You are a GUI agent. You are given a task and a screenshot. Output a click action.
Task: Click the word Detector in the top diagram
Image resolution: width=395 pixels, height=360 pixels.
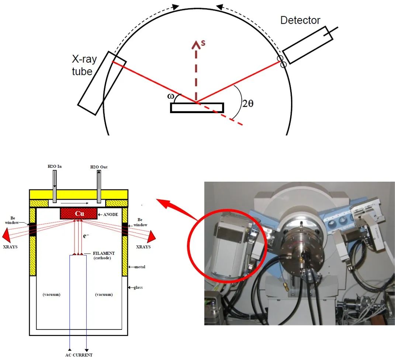tap(300, 20)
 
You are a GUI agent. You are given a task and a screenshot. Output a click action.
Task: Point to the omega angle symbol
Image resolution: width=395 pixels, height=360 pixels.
tap(170, 97)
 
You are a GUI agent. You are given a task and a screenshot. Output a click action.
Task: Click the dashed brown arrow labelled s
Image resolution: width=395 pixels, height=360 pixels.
tap(196, 70)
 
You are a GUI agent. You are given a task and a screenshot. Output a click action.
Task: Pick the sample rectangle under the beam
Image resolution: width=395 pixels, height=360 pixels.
tap(197, 107)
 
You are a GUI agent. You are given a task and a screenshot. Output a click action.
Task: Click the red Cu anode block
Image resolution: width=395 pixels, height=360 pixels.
tap(79, 213)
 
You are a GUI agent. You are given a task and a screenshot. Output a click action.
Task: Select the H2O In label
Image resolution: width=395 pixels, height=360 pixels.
tap(55, 167)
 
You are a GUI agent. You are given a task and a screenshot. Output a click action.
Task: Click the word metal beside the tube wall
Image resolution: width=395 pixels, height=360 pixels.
tap(140, 266)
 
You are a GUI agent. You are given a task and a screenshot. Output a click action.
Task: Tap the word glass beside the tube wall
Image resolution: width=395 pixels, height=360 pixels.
tap(138, 287)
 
